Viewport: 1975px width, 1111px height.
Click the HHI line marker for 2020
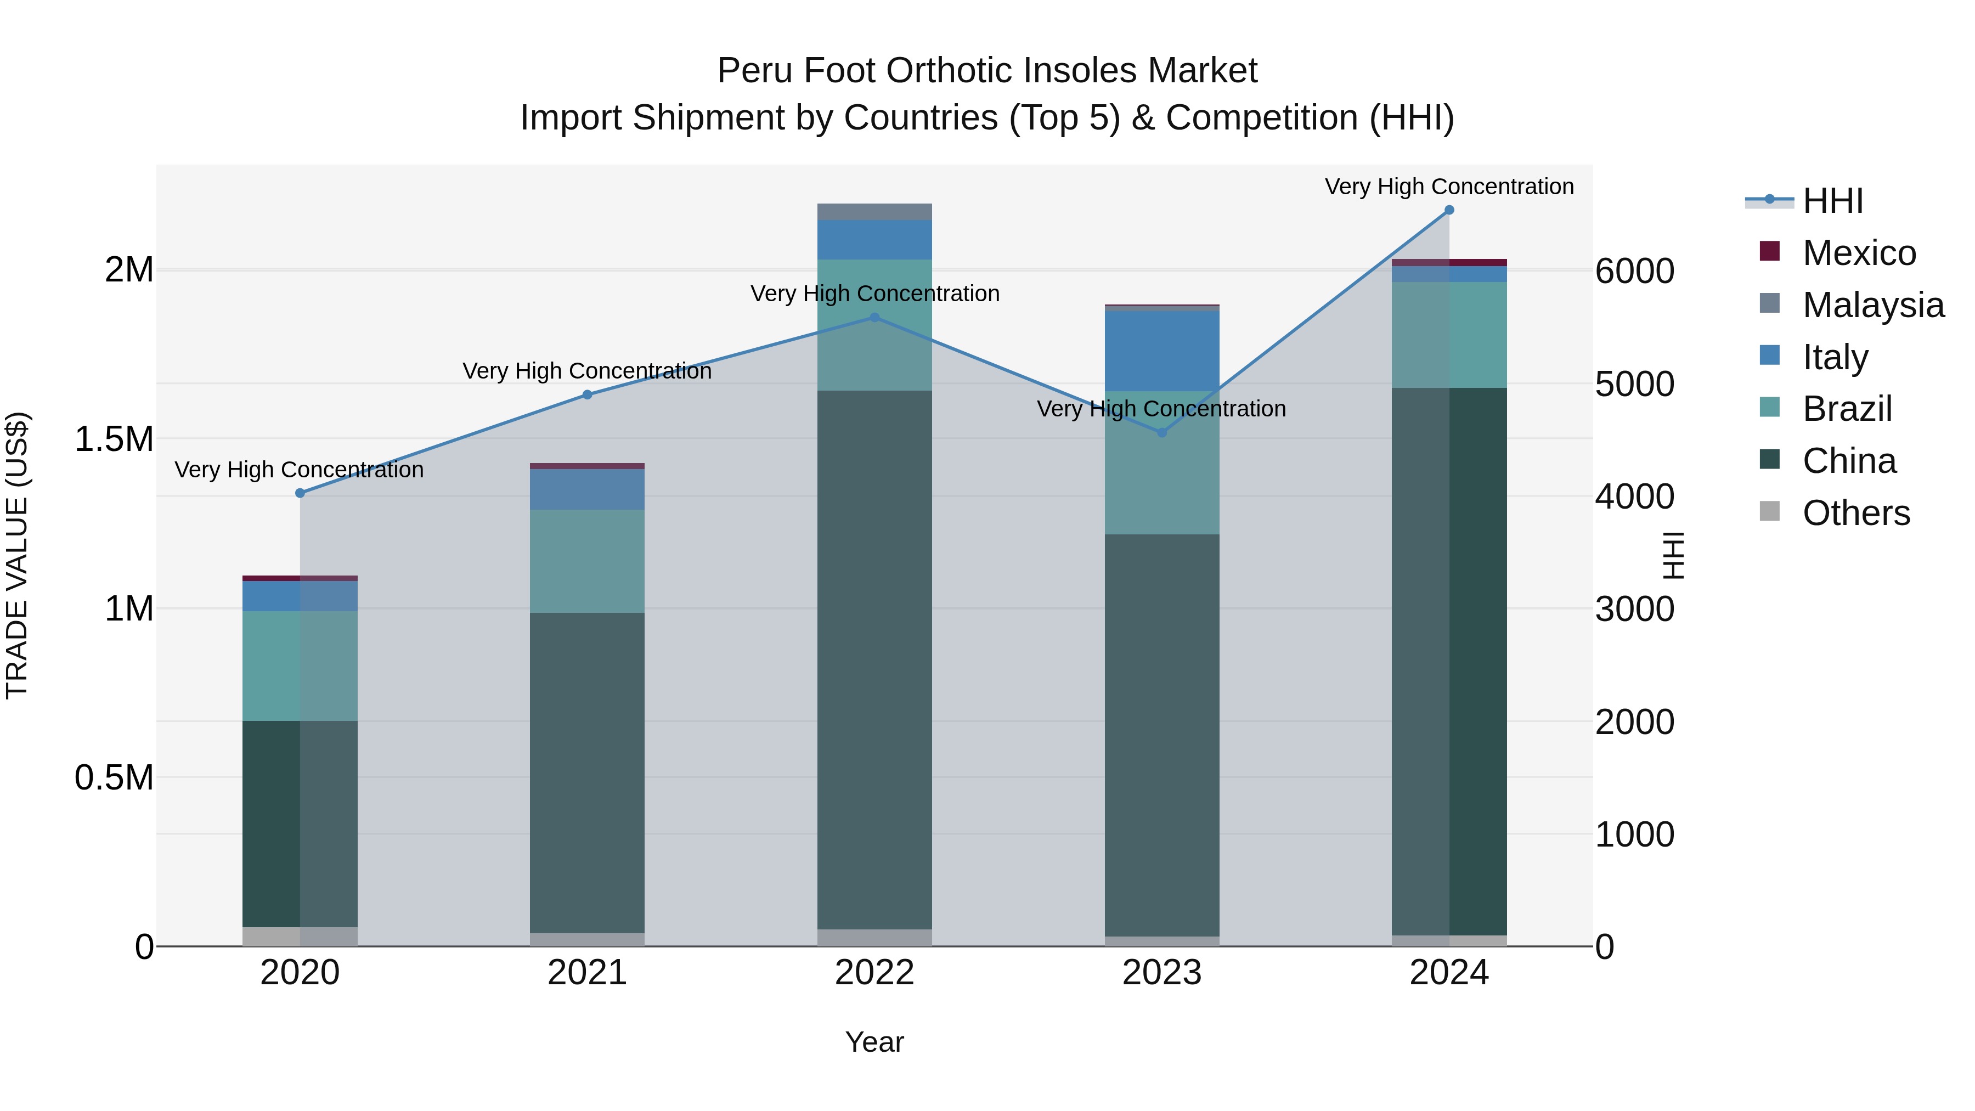tap(300, 493)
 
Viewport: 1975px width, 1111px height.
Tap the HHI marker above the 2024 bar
tap(1449, 210)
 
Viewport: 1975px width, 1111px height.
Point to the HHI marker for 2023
tap(1161, 432)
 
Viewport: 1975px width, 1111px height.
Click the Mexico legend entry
tap(1859, 253)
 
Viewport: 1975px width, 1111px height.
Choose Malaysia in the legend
tap(1872, 305)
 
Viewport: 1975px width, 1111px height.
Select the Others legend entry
tap(1855, 513)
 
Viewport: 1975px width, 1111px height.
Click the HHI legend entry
tap(1832, 201)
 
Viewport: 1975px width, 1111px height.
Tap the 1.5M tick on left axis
tap(114, 439)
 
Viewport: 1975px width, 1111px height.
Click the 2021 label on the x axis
tap(587, 973)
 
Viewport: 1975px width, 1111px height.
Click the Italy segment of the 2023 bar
tap(1161, 351)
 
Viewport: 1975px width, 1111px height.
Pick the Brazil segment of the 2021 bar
tap(587, 561)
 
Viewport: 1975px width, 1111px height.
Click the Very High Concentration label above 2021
tap(587, 371)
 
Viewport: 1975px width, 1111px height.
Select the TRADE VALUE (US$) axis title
tap(17, 555)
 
